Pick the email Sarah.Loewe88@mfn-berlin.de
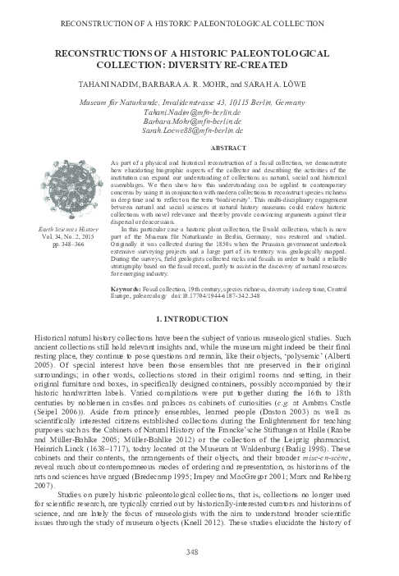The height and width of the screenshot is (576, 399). point(199,130)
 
